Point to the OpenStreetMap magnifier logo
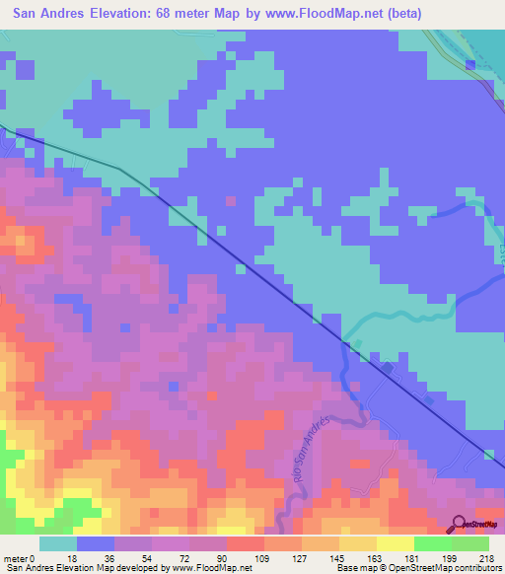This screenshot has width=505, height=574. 458,526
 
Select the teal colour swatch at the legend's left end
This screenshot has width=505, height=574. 57,544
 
